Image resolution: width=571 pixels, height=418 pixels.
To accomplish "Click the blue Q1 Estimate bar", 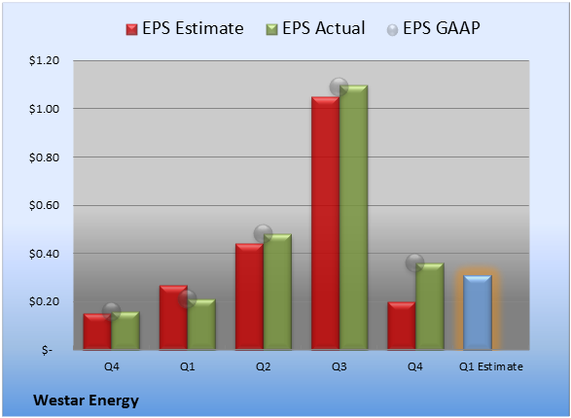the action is coord(478,312).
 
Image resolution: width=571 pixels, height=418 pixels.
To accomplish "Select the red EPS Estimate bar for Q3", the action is coord(325,223).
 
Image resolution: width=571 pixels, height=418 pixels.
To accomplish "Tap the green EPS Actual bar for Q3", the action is coord(353,218).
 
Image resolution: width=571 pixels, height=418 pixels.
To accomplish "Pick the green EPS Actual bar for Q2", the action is coord(277,292).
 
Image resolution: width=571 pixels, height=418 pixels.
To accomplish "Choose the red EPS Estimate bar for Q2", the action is coord(249,296).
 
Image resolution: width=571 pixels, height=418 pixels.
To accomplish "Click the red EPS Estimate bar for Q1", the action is coord(173,317).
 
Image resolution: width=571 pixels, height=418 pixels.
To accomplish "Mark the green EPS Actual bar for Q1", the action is coord(201,325).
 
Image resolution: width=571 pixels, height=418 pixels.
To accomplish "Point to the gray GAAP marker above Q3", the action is coord(339,87).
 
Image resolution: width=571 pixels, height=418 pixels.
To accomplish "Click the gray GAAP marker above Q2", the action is coord(263,233).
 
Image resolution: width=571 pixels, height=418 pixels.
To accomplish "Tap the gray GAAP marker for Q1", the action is coord(187,299).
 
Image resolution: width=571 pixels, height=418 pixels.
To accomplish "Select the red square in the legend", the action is coord(132,29).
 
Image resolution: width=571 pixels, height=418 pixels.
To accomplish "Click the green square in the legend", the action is coord(271,29).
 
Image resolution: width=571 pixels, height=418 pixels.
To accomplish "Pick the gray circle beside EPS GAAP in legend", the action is coord(392,30).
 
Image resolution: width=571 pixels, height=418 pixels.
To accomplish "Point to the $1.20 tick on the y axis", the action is coord(44,60).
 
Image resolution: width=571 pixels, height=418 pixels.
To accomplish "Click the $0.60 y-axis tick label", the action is coord(44,205).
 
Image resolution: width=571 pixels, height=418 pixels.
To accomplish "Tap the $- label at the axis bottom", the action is coord(47,350).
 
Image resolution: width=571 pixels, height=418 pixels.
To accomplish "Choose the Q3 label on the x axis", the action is coord(339,366).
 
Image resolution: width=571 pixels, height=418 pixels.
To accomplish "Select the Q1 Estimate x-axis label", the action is coord(491,366).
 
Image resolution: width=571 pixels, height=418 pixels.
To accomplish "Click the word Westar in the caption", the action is coord(58,401).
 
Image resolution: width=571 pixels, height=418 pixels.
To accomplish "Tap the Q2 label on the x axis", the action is coord(263,366).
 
